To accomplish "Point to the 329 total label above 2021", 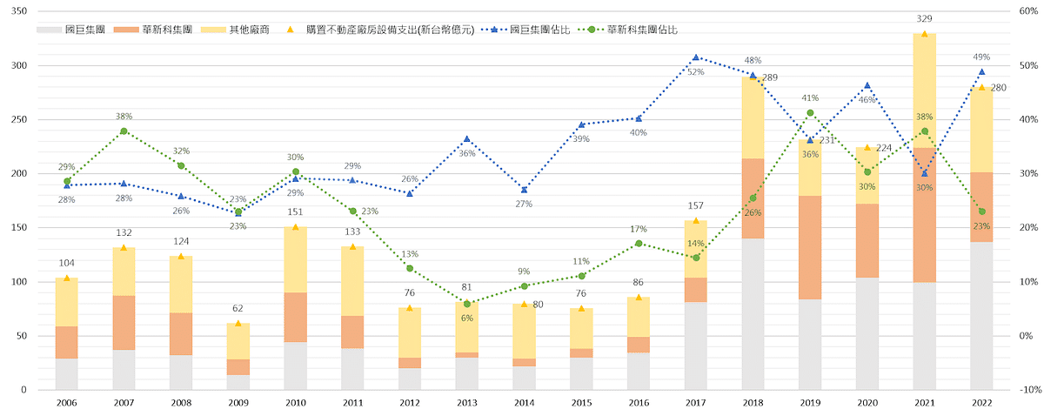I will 924,18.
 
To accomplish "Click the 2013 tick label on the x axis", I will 467,401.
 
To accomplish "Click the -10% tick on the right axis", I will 1025,390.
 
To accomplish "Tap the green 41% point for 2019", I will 810,113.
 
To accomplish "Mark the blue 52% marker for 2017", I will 696,57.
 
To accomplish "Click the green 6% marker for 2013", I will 467,304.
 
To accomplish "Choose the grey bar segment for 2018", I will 753,313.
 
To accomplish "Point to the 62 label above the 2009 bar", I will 238,308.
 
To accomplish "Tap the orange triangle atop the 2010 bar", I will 296,227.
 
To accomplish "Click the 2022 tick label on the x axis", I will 980,401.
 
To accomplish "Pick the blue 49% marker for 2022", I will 981,72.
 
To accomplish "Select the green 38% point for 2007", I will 124,131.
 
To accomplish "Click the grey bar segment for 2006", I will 67,374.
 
